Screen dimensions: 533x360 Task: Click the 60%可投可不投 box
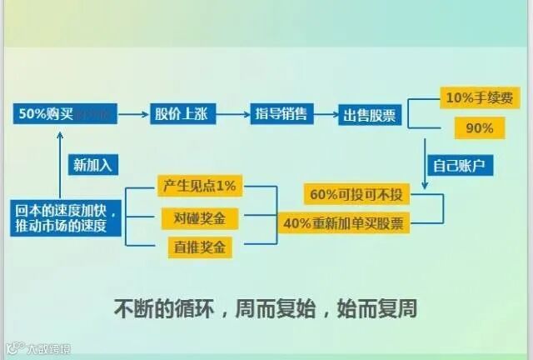coord(356,195)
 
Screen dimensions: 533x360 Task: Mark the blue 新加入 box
coord(92,164)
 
